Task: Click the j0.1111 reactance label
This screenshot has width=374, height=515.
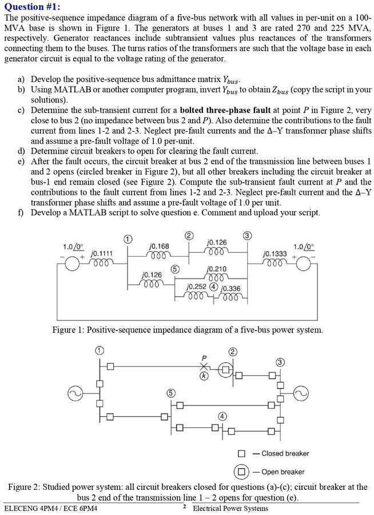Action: coord(103,253)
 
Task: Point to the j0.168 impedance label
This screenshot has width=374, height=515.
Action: coord(158,246)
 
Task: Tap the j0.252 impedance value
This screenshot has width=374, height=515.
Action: coord(197,286)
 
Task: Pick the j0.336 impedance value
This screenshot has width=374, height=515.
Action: coord(230,288)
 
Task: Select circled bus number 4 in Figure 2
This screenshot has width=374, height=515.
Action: coord(222,415)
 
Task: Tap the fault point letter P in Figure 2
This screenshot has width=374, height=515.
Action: coord(203,357)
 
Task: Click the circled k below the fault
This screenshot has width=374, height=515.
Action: coord(203,376)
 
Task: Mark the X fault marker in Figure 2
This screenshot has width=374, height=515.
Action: coord(203,367)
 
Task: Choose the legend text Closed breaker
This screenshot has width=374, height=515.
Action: coord(285,454)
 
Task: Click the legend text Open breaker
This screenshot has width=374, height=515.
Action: coord(283,471)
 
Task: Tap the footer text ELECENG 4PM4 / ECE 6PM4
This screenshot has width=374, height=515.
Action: coord(50,508)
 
